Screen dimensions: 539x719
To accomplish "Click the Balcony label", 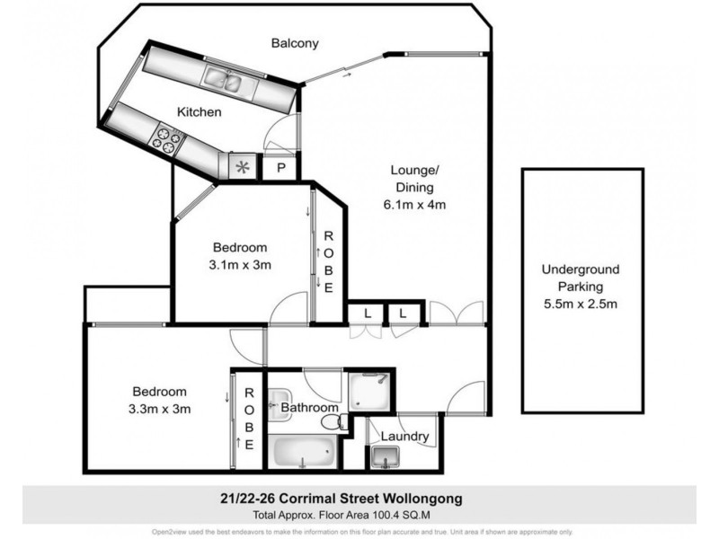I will click(x=295, y=42).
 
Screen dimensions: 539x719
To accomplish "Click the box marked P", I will click(x=280, y=167).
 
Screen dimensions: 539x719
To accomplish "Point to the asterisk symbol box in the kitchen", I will click(x=241, y=166).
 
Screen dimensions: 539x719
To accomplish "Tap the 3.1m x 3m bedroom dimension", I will click(x=240, y=264).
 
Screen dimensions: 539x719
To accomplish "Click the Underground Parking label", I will click(x=580, y=278).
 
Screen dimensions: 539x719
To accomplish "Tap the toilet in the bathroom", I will click(x=333, y=421).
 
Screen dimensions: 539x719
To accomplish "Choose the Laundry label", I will click(x=404, y=437).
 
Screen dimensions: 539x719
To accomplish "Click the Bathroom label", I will click(x=308, y=408).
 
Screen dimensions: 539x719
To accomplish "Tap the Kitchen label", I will click(x=199, y=112).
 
